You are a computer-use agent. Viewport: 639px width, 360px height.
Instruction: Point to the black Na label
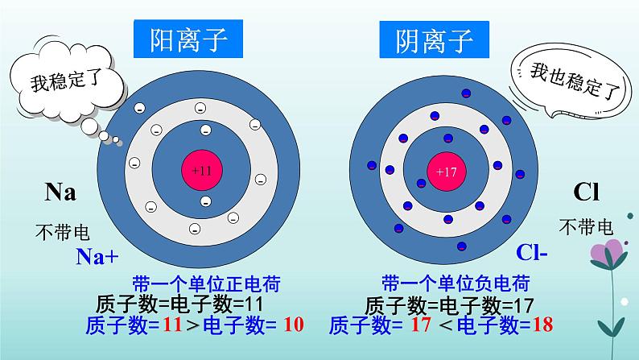click(x=60, y=193)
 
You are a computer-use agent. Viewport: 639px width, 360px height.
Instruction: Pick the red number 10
click(x=294, y=325)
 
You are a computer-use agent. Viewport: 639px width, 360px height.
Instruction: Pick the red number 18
click(x=543, y=325)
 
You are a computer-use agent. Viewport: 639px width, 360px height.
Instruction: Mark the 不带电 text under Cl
click(x=586, y=227)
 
